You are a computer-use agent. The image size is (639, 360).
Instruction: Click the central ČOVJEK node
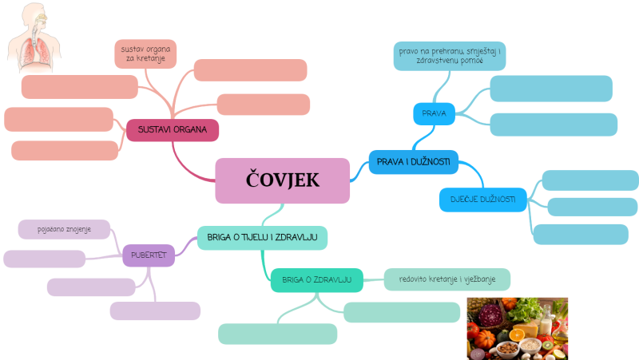point(282,180)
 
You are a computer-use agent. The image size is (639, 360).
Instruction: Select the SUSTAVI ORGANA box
point(173,129)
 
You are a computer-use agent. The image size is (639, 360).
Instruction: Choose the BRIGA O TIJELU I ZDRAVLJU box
point(262,237)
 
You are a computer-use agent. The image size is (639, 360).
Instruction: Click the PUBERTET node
point(149,255)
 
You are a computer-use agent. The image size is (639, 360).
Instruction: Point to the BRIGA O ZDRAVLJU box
point(316,279)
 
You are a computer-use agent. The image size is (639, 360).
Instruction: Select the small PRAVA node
point(433,114)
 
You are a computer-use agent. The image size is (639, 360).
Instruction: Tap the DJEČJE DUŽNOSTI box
point(483,199)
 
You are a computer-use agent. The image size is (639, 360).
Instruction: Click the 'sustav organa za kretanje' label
point(145,54)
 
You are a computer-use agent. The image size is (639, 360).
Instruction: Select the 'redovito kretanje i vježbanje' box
point(447,279)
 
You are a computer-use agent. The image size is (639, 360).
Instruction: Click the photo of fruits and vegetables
point(517,327)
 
